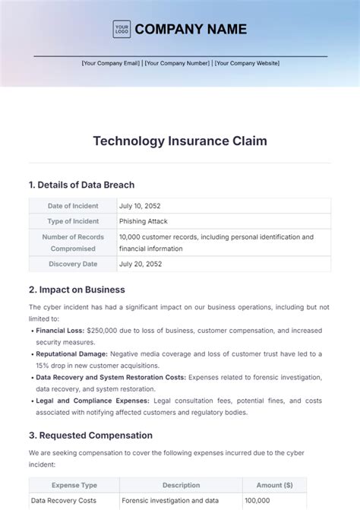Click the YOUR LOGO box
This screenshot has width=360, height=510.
(x=122, y=30)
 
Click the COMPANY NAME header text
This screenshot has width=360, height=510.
(x=191, y=30)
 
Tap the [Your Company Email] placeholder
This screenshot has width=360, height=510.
(x=111, y=63)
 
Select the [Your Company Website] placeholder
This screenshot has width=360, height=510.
(x=247, y=63)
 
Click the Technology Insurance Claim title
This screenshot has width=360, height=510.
(x=180, y=141)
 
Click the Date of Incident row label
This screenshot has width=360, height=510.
(x=73, y=206)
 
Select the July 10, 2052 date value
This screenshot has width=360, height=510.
(x=140, y=206)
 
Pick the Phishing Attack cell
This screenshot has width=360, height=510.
(x=144, y=221)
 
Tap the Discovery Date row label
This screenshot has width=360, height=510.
(x=73, y=264)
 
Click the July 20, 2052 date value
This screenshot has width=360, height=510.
(x=140, y=264)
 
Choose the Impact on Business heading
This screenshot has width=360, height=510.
(x=77, y=290)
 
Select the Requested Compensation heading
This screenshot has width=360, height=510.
(x=90, y=436)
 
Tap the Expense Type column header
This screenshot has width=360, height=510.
(x=74, y=485)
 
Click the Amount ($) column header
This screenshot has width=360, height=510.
(x=274, y=485)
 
